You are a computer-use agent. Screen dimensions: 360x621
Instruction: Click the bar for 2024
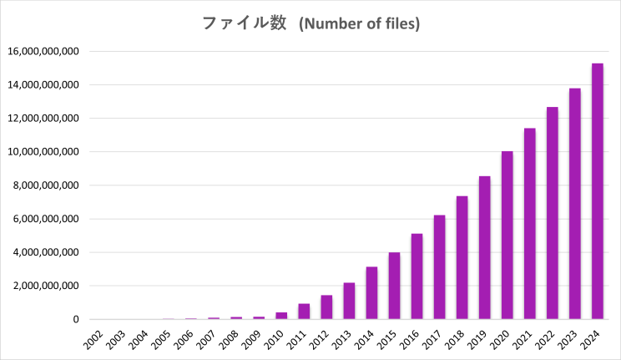tap(598, 191)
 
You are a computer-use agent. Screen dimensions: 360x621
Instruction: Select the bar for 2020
tap(507, 236)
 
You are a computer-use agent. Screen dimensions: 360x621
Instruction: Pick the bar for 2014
tap(371, 293)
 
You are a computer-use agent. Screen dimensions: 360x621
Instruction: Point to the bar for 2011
tap(304, 312)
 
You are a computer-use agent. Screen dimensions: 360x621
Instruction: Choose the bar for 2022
tap(553, 213)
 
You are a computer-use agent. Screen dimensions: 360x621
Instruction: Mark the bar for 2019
tap(484, 248)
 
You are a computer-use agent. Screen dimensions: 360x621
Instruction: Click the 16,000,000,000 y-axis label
tap(43, 52)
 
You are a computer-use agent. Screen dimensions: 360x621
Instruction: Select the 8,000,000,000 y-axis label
tap(46, 185)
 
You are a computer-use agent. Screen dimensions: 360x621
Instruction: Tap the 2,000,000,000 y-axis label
tap(46, 286)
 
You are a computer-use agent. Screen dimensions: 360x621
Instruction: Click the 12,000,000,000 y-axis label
tap(43, 119)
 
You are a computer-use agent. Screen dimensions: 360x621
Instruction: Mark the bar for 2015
tap(394, 286)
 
